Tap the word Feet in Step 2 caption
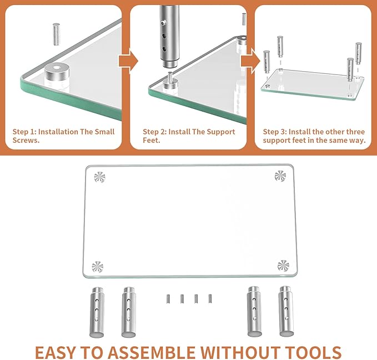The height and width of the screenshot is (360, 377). (x=151, y=141)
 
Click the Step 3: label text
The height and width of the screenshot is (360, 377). (x=278, y=132)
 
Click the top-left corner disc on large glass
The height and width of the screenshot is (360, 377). (x=99, y=177)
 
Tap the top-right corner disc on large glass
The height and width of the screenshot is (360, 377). (x=280, y=176)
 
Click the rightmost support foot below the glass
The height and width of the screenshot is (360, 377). (x=286, y=312)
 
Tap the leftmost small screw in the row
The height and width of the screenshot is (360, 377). (x=168, y=298)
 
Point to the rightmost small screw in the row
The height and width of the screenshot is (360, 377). (x=210, y=298)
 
